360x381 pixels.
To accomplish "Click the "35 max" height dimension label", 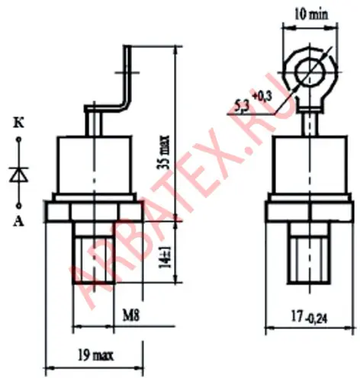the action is coord(163,152).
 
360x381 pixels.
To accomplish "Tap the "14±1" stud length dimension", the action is coord(165,257).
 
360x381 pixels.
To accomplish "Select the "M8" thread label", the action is coord(131,315).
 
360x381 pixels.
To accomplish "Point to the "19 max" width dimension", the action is coord(95,355).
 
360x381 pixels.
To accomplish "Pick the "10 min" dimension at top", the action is coord(311,14).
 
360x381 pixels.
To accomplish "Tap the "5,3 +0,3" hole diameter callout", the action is coord(252,102).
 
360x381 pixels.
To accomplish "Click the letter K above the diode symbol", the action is coord(18,124).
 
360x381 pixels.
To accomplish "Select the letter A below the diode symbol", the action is coord(18,222).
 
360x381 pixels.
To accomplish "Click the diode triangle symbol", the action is coord(18,174).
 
